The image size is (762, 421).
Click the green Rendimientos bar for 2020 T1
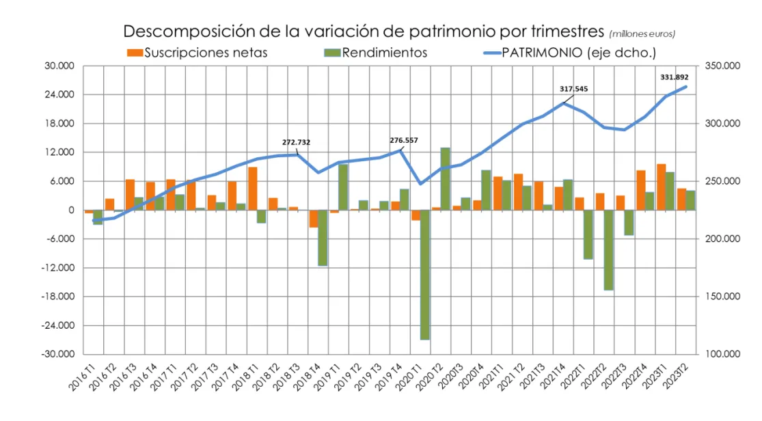424,274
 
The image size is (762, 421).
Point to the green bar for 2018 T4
323,237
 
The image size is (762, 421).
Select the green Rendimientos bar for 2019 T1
343,187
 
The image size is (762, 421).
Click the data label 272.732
296,142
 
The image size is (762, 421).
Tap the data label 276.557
403,140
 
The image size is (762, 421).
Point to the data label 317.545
574,89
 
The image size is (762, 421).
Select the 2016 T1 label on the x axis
84,377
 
